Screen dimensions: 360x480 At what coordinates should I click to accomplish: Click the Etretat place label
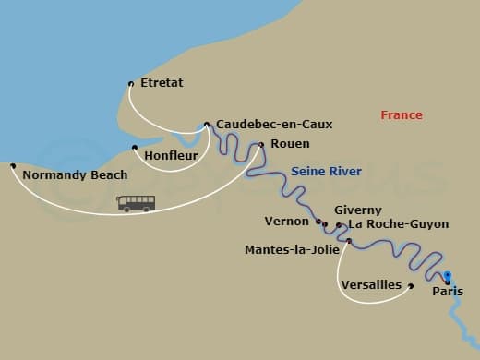[x=162, y=83]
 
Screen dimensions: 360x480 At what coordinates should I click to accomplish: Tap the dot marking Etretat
[x=131, y=84]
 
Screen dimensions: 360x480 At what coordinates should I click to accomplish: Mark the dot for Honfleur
[x=135, y=148]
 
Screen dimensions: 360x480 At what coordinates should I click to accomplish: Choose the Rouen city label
[x=290, y=144]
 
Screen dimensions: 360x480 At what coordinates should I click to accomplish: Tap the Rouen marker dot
[x=261, y=144]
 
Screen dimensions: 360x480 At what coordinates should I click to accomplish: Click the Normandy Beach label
[x=75, y=174]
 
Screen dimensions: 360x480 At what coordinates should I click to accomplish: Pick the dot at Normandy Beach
[x=12, y=166]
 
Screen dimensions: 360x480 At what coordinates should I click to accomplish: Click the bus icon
[x=136, y=203]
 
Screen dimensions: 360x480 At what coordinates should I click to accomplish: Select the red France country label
[x=402, y=115]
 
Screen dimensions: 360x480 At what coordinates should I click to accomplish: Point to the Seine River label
[x=326, y=172]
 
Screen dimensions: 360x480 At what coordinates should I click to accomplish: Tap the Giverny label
[x=357, y=210]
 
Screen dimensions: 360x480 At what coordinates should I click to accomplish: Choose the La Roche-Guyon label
[x=394, y=224]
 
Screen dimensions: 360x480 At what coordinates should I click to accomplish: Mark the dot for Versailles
[x=411, y=285]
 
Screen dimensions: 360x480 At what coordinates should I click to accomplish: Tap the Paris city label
[x=449, y=293]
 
